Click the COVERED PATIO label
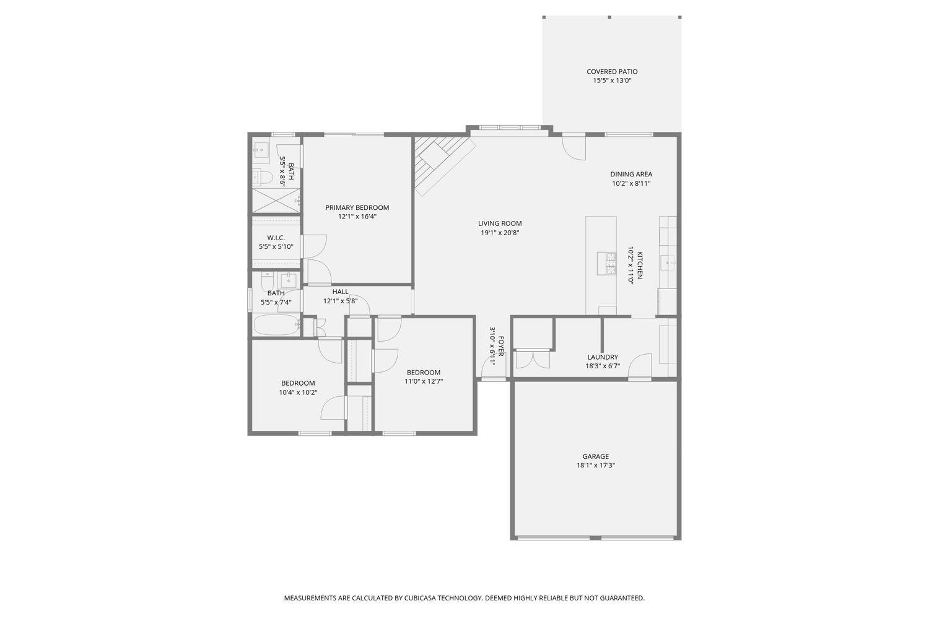point(612,72)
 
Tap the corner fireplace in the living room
point(442,162)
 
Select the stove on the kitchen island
point(606,263)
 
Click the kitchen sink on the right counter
point(669,263)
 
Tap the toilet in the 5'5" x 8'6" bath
point(262,178)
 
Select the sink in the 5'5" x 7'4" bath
point(288,279)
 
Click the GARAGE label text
point(595,457)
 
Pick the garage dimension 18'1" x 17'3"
point(595,465)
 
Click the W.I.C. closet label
point(276,238)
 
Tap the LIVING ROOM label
point(500,223)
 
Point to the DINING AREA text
point(631,175)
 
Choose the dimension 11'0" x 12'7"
point(424,381)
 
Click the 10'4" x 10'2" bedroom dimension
point(298,392)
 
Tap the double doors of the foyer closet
point(533,360)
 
